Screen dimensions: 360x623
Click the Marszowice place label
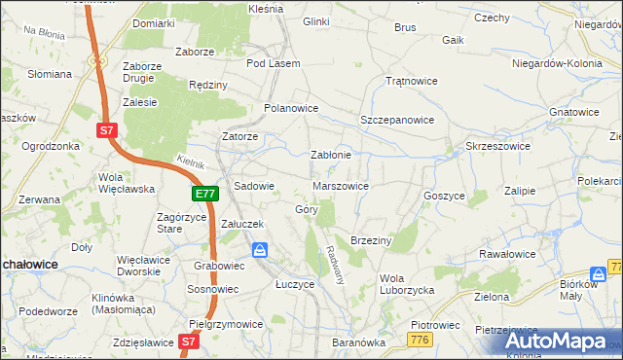pos(341,185)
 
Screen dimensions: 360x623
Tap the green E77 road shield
pos(204,195)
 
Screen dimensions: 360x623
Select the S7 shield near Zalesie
pos(107,127)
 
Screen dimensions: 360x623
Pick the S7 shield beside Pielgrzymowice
pos(190,342)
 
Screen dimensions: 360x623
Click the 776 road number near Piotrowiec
pos(421,339)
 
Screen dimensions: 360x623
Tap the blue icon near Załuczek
pos(261,251)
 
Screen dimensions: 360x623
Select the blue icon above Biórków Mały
pos(597,274)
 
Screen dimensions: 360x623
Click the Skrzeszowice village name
pos(497,145)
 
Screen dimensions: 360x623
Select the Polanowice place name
pos(292,108)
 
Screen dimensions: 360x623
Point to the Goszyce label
pos(444,195)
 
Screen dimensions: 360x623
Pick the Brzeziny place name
pos(370,239)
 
